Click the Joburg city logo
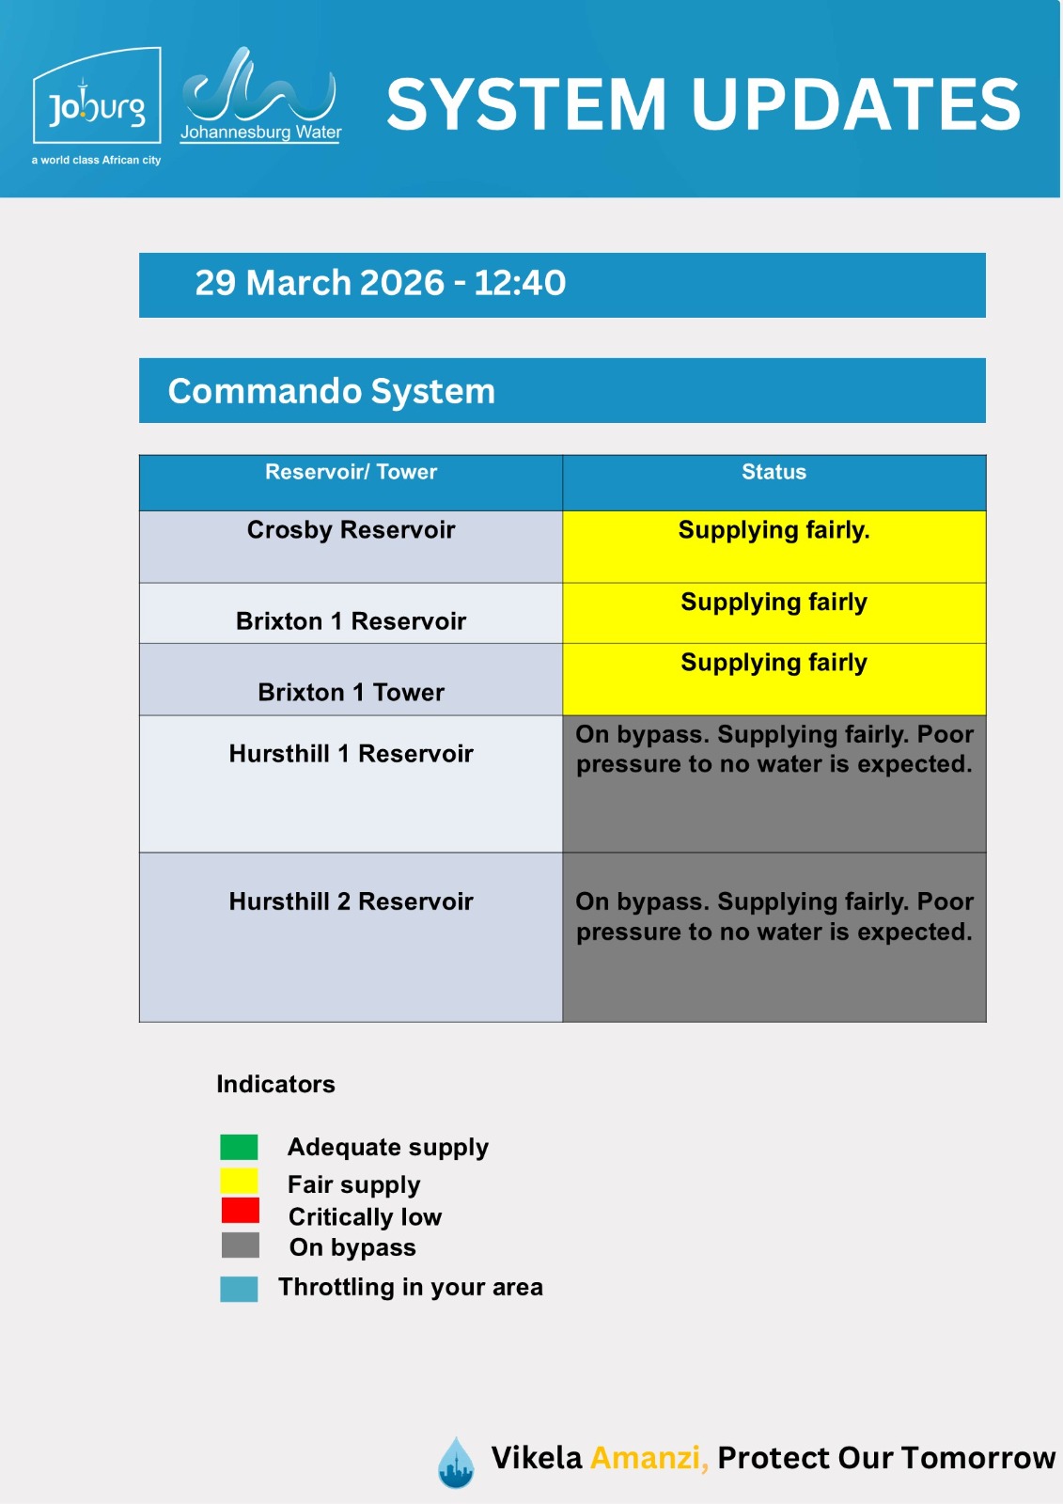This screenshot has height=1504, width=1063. (x=97, y=105)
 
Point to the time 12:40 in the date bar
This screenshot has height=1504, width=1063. (x=519, y=283)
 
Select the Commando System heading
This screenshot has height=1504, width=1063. (x=331, y=391)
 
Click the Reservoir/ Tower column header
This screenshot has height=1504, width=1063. (x=351, y=472)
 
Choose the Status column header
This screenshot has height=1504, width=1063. (x=774, y=472)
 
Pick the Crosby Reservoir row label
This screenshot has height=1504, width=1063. (x=351, y=530)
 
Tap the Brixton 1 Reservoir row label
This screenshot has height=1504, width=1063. (x=351, y=621)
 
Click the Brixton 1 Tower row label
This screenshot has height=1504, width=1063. (x=351, y=693)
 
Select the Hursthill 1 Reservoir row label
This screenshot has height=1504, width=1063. (x=351, y=754)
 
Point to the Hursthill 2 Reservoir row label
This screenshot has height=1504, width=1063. (x=351, y=901)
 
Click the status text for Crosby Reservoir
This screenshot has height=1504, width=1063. (x=774, y=530)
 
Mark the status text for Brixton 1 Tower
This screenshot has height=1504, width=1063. (x=774, y=663)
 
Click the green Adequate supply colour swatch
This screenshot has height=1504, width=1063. (x=239, y=1147)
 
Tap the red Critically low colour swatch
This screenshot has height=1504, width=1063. (x=240, y=1211)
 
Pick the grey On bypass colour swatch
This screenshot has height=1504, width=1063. (x=240, y=1245)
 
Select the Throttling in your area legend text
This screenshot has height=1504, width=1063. (x=410, y=1287)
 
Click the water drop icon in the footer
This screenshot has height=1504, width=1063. (x=456, y=1463)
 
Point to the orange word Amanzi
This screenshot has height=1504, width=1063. (x=648, y=1458)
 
